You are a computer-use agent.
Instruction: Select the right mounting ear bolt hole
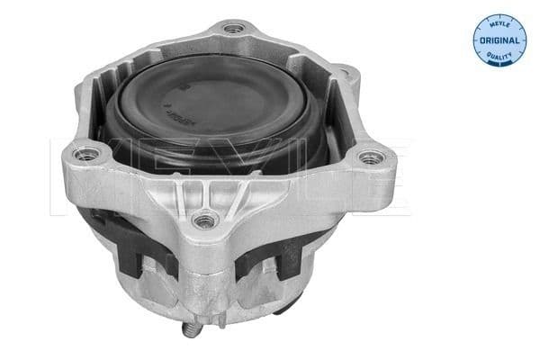coord(365,159)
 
